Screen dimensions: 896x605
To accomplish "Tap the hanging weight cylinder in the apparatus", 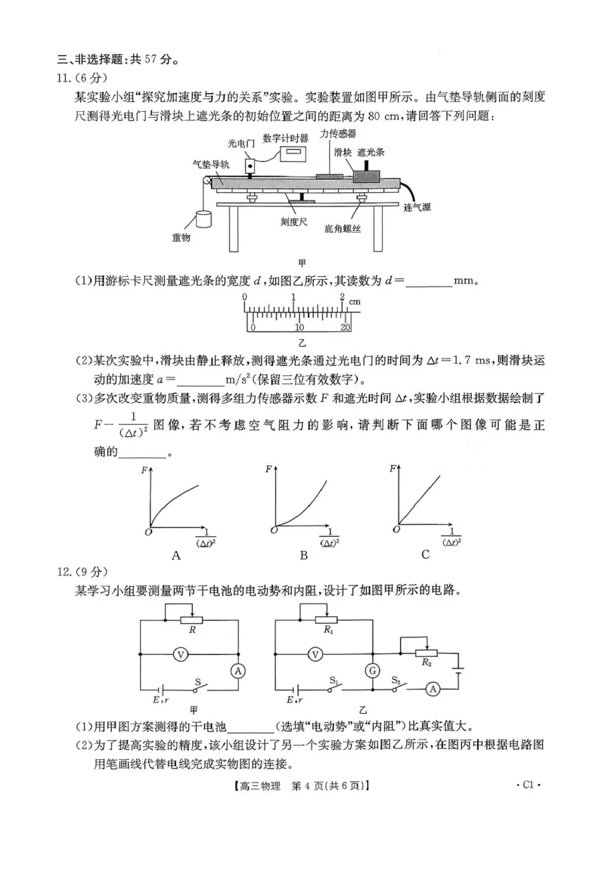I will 202,219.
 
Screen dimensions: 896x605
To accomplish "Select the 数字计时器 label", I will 285,138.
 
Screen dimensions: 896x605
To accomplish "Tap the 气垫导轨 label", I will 206,163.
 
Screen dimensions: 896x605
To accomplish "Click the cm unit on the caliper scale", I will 355,302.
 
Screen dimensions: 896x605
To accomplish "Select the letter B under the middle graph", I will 303,556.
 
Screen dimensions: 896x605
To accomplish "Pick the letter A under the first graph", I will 176,556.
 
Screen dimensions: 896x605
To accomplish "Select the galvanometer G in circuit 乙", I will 372,670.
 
